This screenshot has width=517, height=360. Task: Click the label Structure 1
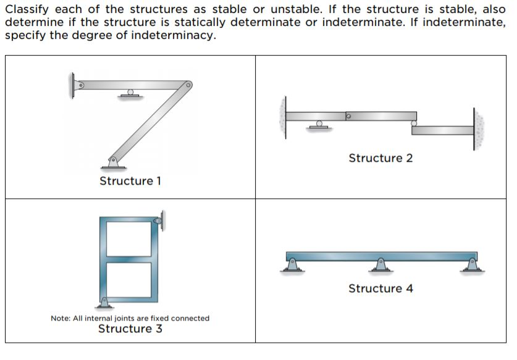[130, 181]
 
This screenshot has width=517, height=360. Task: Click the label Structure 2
[380, 158]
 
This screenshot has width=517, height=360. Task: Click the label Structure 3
[130, 329]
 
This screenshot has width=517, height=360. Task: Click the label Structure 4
[380, 288]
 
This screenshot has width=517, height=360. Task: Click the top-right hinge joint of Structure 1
[186, 85]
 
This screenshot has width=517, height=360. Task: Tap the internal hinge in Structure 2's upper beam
[348, 115]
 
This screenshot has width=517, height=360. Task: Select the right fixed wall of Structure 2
[478, 129]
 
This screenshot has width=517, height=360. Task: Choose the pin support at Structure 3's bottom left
[104, 303]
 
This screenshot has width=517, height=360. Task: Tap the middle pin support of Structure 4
[381, 265]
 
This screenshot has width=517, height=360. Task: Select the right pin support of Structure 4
[474, 265]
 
